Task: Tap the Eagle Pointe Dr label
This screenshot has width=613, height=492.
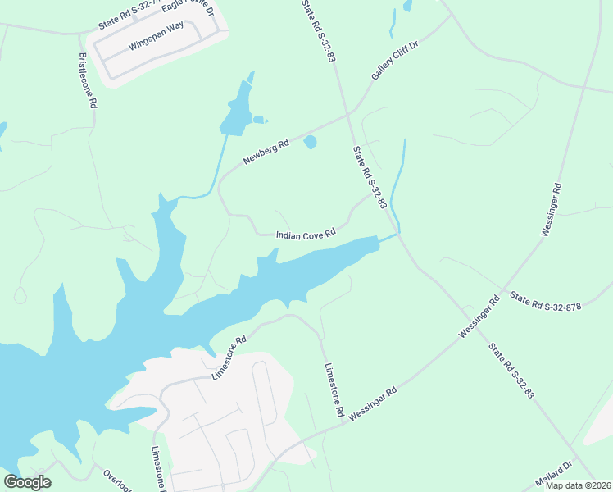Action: point(187,9)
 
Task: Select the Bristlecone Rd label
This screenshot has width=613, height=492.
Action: point(88,82)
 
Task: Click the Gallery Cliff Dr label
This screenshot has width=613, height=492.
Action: point(394,61)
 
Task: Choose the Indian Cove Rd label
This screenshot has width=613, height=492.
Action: point(306,235)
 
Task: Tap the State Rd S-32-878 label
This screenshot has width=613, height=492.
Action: point(545,302)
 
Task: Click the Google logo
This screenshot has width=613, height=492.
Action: point(27,482)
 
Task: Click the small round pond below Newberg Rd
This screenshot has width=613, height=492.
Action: point(310,143)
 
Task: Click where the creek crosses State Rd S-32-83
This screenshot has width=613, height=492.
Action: point(399,234)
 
